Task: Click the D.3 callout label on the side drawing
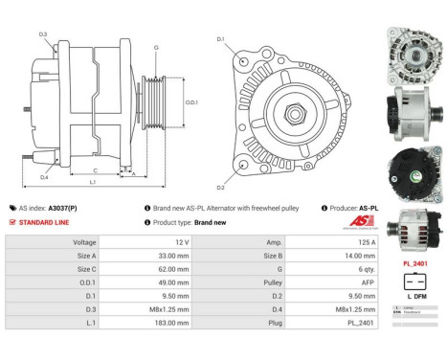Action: coord(44,34)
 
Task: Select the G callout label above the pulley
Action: coord(156,46)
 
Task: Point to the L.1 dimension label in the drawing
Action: coord(93,181)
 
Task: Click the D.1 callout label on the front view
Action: coord(221,39)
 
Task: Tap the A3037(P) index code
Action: coord(63,207)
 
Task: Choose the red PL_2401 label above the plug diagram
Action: coord(414,263)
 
